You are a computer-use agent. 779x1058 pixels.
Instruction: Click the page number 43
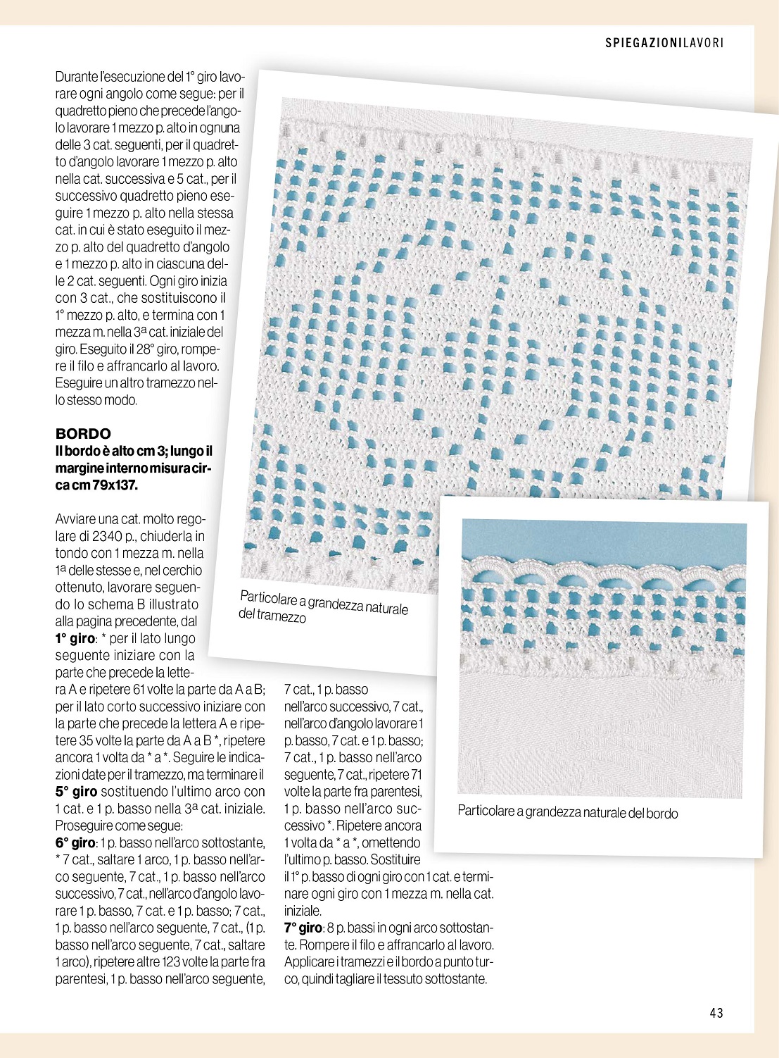coord(716,1013)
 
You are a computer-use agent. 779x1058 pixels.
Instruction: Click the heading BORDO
coord(83,433)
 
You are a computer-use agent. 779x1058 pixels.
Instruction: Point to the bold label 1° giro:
coord(75,638)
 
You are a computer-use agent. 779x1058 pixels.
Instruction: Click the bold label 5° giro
coord(75,792)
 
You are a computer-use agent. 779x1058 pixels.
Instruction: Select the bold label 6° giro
coord(75,842)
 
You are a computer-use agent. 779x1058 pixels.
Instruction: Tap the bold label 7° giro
coord(303,928)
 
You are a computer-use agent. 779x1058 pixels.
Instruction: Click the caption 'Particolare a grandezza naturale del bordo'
coord(567,811)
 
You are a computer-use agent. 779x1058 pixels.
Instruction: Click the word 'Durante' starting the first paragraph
coord(77,76)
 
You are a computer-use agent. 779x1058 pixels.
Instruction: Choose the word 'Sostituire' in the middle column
coord(395,859)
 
